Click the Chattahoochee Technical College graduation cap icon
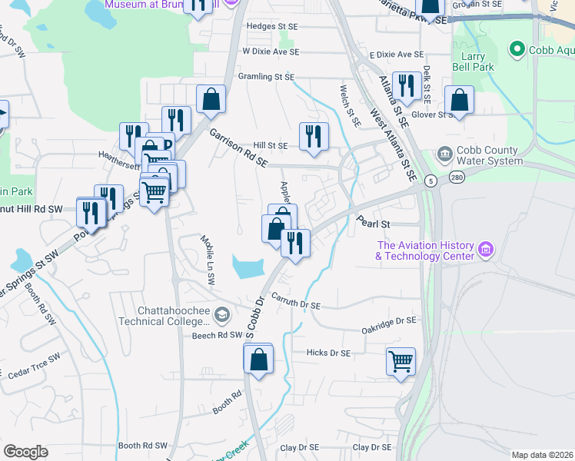pyautogui.click(x=222, y=314)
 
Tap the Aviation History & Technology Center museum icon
pyautogui.click(x=485, y=250)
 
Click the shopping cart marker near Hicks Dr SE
pyautogui.click(x=401, y=360)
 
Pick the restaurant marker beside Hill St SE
pyautogui.click(x=314, y=136)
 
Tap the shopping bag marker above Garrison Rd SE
pyautogui.click(x=211, y=99)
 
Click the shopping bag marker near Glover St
pyautogui.click(x=459, y=100)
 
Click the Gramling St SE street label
pyautogui.click(x=266, y=77)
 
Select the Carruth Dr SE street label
pyautogui.click(x=295, y=305)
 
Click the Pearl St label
pyautogui.click(x=374, y=224)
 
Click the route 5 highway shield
pyautogui.click(x=432, y=181)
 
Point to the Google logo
pyautogui.click(x=25, y=452)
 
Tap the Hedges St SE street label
pyautogui.click(x=271, y=26)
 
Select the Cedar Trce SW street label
pyautogui.click(x=33, y=367)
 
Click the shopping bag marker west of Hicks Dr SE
pyautogui.click(x=258, y=358)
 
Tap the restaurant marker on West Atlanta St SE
pyautogui.click(x=404, y=85)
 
